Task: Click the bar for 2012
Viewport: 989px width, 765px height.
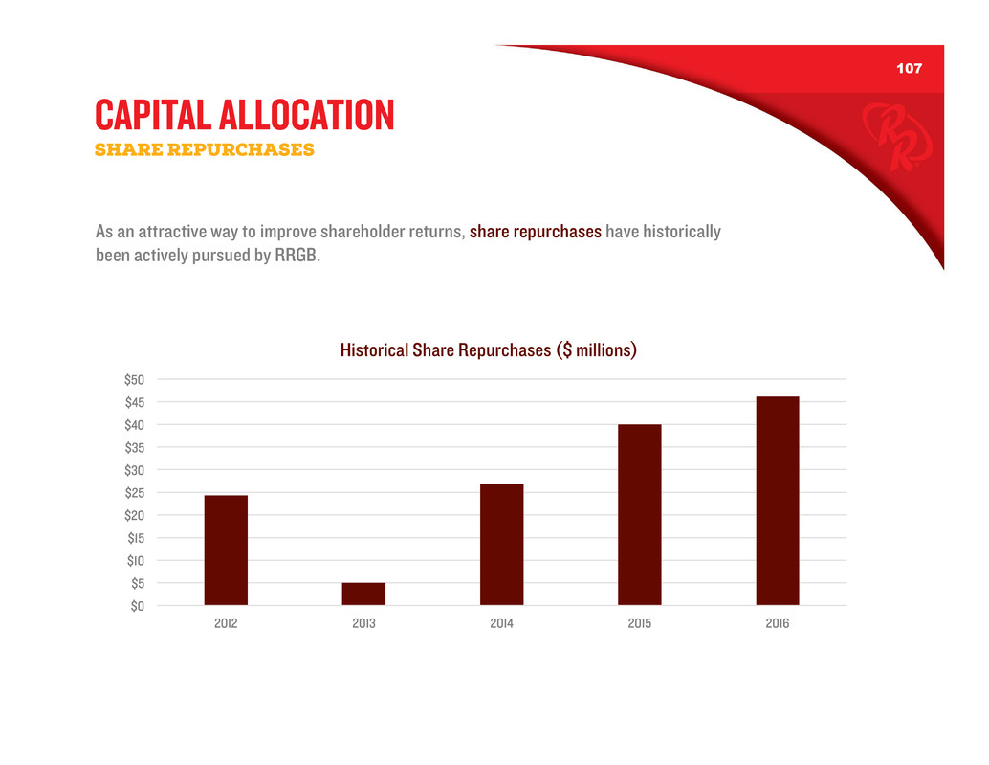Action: point(226,550)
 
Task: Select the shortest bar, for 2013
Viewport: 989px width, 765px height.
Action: point(363,594)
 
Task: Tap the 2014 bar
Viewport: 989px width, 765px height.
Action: point(501,544)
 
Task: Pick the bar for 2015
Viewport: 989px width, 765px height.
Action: point(639,514)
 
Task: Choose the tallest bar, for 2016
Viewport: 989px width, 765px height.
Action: point(777,501)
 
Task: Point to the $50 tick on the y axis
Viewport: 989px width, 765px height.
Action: point(134,380)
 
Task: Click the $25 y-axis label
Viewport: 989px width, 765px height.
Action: point(134,493)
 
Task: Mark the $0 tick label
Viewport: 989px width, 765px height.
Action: point(137,606)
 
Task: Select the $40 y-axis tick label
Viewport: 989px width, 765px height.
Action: point(134,425)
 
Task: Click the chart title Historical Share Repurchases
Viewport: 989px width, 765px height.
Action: point(488,350)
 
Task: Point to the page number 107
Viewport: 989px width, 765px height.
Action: point(909,69)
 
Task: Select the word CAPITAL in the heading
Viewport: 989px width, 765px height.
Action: point(150,116)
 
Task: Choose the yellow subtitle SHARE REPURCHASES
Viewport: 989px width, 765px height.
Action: point(205,150)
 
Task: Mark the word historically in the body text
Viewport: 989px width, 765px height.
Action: point(682,233)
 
